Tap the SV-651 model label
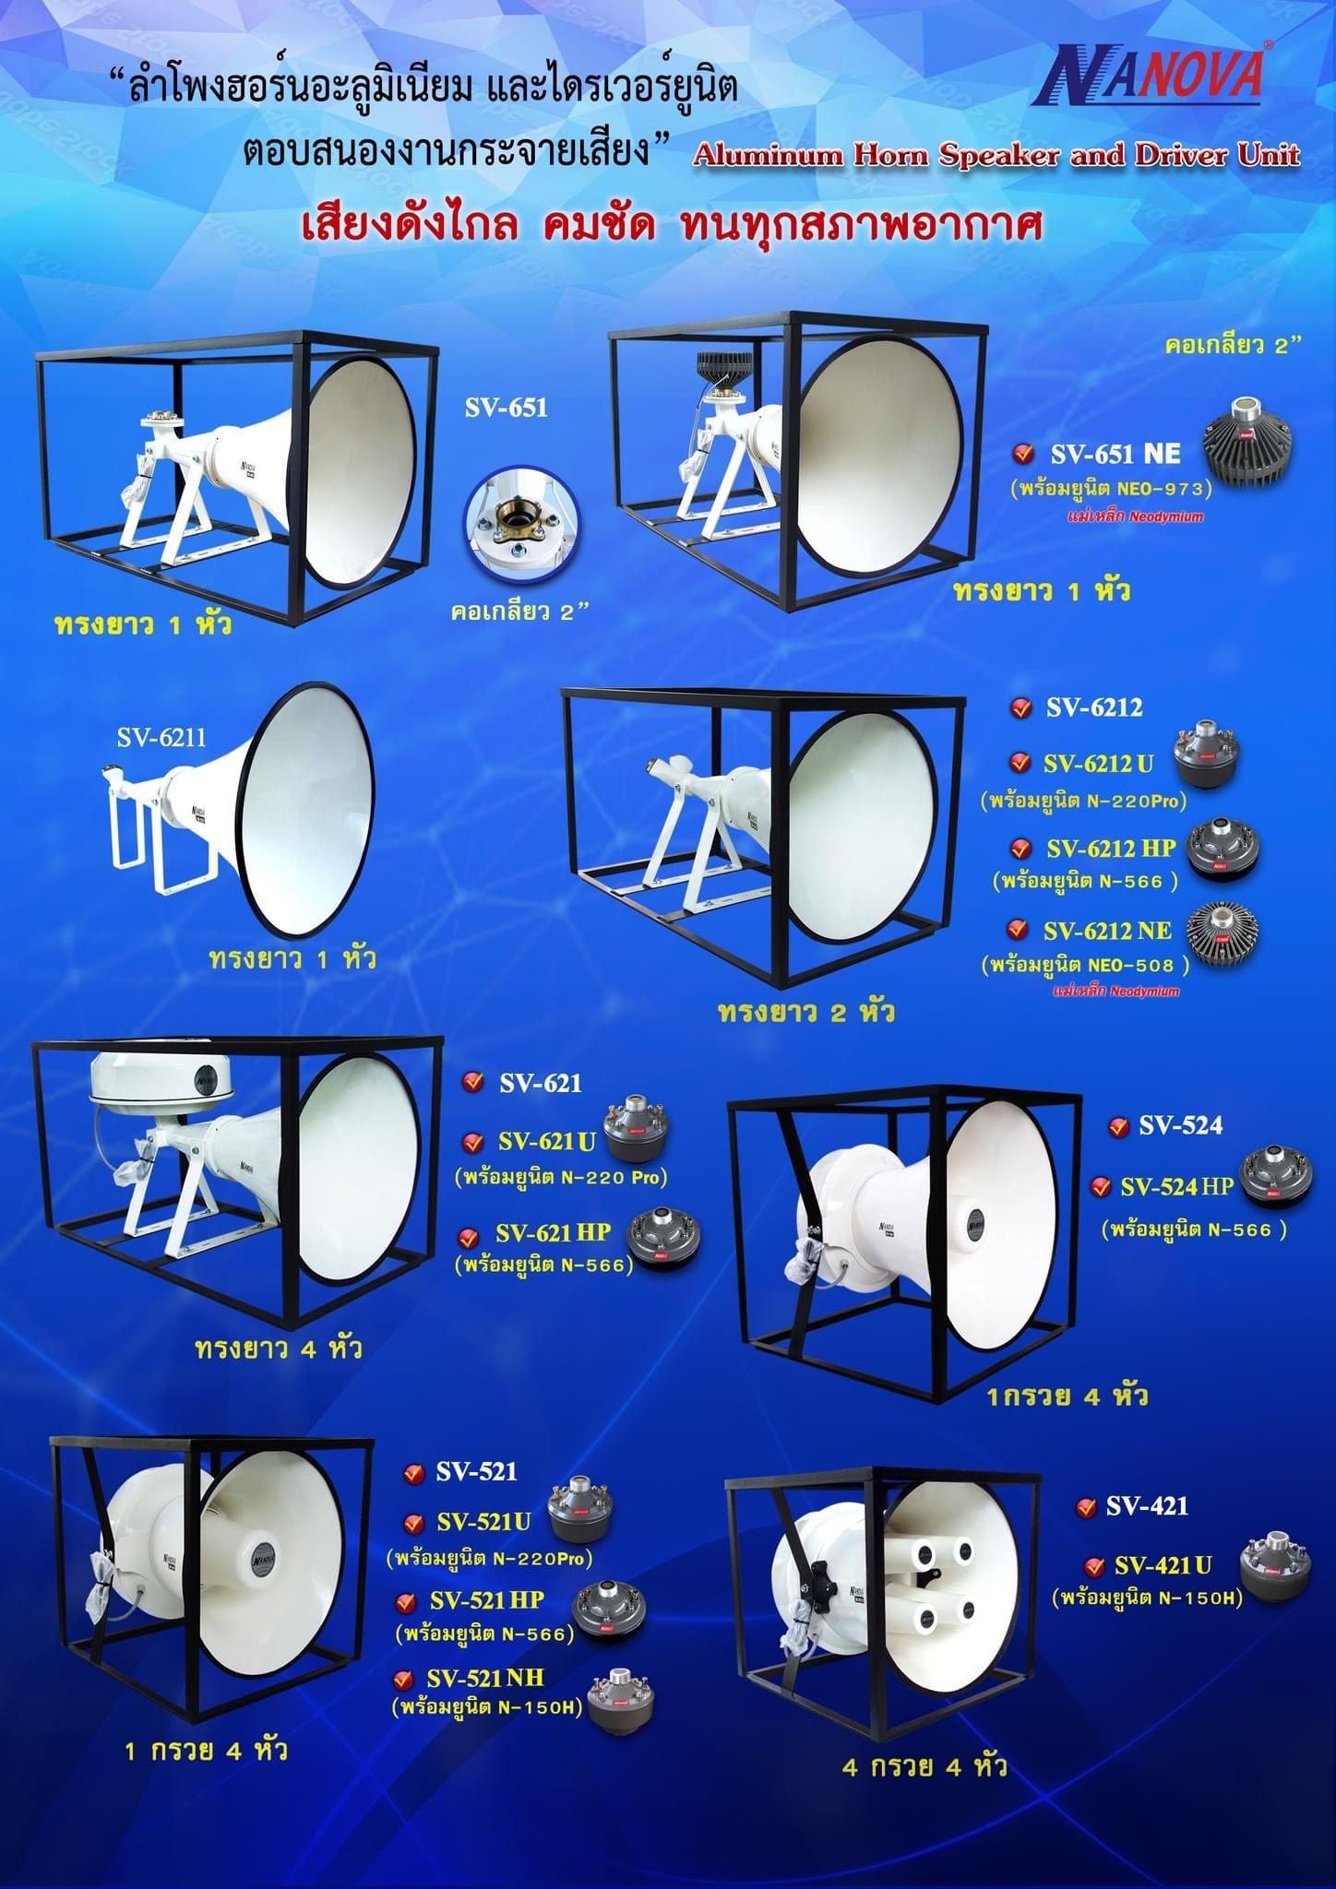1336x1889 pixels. click(x=506, y=407)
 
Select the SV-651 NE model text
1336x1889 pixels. click(x=1115, y=453)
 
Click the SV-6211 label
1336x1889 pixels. click(x=161, y=736)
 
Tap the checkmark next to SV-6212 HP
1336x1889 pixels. click(x=1020, y=849)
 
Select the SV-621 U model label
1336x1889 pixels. click(x=547, y=1142)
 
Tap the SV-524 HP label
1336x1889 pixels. click(x=1176, y=1188)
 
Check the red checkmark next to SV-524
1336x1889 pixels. click(x=1120, y=1127)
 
